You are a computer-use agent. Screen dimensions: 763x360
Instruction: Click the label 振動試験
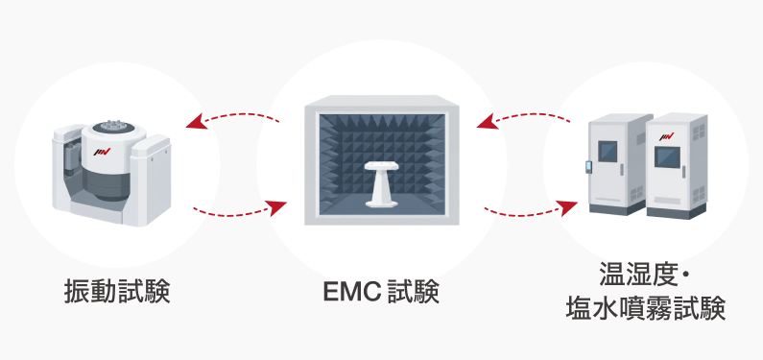[117, 292]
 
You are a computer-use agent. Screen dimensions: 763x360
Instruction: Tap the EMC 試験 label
[381, 292]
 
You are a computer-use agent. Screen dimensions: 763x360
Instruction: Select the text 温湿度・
[645, 275]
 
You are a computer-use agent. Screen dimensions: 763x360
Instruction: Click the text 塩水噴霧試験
[645, 308]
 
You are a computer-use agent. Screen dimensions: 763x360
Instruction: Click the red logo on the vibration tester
[102, 152]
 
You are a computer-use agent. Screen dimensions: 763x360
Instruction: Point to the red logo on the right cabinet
[667, 136]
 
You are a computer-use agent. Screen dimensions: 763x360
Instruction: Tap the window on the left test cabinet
[608, 151]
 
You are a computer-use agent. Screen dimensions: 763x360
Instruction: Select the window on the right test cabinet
[667, 157]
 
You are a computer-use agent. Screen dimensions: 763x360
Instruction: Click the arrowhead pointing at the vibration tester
[196, 122]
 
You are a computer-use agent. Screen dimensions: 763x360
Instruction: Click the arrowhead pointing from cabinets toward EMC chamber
[487, 122]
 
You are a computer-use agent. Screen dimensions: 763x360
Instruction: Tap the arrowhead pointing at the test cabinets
[568, 207]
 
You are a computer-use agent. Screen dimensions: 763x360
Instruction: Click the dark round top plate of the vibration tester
[113, 127]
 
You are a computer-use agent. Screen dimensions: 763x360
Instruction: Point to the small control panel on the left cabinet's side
[587, 166]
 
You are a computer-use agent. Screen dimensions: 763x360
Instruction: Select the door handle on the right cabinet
[683, 172]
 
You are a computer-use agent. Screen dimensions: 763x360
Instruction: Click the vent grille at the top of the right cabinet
[698, 132]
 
